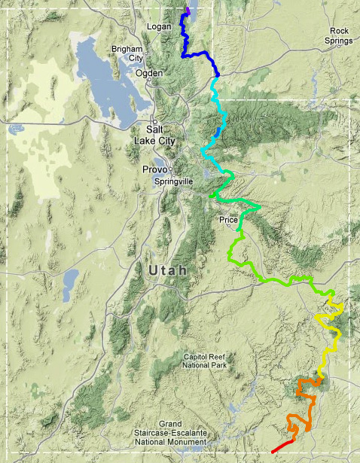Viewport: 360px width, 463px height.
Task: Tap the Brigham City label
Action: click(x=127, y=53)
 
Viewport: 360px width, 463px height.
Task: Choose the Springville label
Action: click(x=173, y=181)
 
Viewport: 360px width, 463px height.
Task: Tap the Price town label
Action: click(x=228, y=220)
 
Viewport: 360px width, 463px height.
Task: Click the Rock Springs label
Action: click(x=338, y=35)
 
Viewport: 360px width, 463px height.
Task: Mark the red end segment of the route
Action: click(x=283, y=444)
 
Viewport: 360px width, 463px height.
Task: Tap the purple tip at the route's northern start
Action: click(x=188, y=10)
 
